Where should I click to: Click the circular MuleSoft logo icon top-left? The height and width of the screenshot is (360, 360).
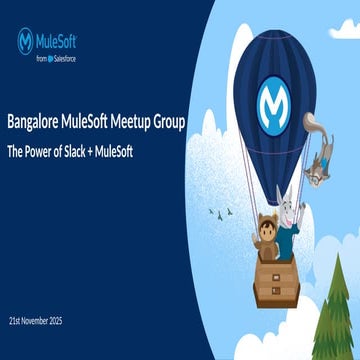pyautogui.click(x=27, y=41)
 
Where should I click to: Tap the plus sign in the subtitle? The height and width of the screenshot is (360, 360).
pyautogui.click(x=100, y=150)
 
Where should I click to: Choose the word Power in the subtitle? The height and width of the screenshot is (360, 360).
pyautogui.click(x=41, y=150)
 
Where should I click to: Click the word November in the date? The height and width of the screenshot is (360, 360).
pyautogui.click(x=50, y=319)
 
